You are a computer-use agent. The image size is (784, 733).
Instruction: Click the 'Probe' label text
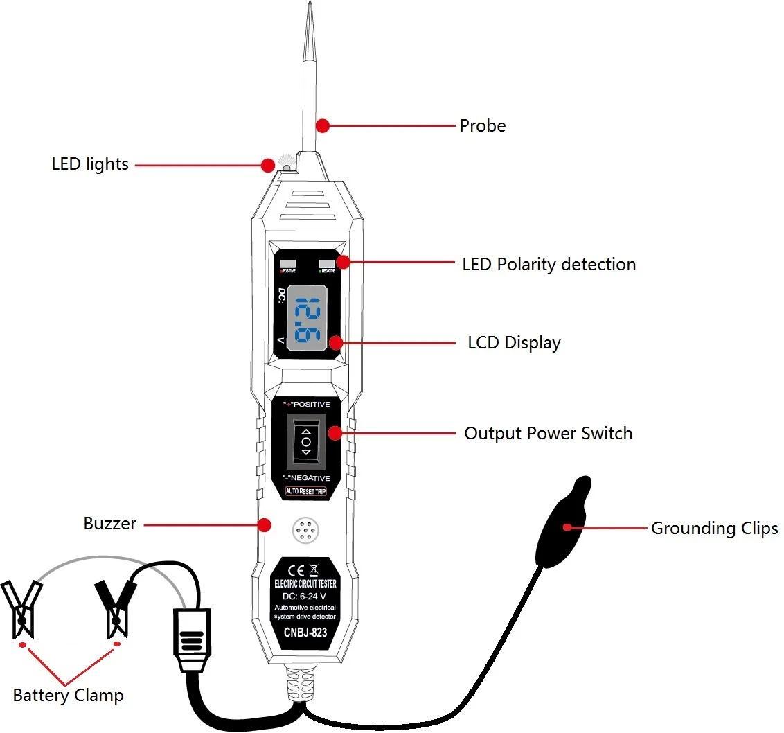[x=483, y=126]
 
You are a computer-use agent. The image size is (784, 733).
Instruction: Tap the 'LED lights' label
[x=90, y=164]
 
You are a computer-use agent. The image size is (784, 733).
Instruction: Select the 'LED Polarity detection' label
[x=549, y=265]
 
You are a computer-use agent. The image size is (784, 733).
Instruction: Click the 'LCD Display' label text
[x=514, y=343]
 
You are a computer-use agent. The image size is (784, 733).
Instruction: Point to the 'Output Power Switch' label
[x=548, y=434]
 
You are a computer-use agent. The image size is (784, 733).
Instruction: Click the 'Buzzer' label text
[x=110, y=524]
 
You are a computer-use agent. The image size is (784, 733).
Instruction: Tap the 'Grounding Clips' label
[x=714, y=529]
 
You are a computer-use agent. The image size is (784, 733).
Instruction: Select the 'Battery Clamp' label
[x=68, y=695]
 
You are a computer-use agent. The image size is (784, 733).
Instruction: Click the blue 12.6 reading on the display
[x=306, y=321]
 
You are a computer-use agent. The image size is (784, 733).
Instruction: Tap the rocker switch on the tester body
[x=305, y=441]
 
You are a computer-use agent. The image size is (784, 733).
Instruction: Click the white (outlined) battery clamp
[x=22, y=608]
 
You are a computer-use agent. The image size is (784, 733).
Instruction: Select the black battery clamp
[x=116, y=606]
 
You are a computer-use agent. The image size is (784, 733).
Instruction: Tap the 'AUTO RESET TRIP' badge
[x=305, y=491]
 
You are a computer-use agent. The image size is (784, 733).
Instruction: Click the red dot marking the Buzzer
[x=263, y=524]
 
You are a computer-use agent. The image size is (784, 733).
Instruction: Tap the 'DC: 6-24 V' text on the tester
[x=305, y=597]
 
